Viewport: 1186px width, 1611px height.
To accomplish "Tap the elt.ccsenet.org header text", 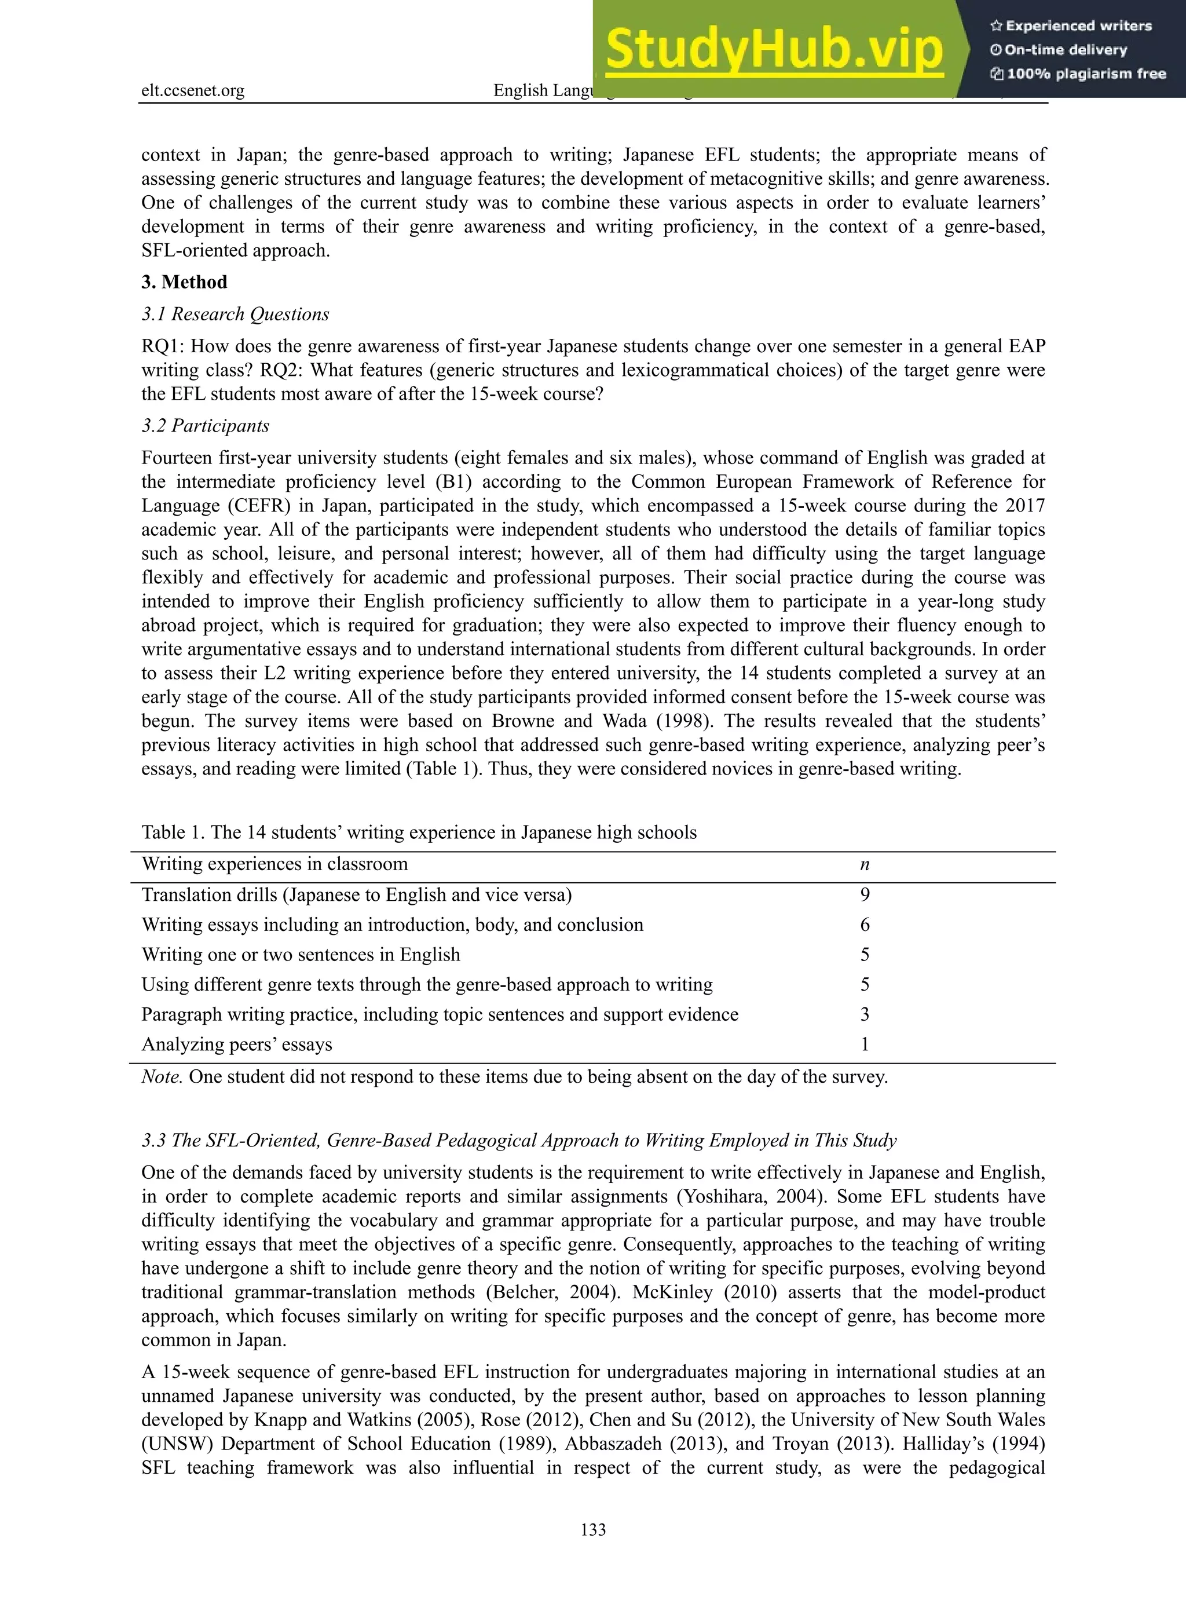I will coord(192,90).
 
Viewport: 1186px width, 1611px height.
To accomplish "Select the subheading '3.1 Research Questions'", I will coord(236,314).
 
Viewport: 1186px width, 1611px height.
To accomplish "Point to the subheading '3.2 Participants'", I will coord(206,425).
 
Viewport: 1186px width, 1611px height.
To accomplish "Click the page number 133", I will coord(593,1529).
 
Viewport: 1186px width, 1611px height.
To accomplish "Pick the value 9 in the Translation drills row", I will coord(865,894).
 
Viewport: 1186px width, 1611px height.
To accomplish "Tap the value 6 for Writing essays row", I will coord(865,925).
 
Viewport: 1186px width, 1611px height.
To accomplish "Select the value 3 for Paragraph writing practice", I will coord(865,1014).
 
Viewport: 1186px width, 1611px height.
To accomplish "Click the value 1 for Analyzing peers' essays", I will coord(865,1044).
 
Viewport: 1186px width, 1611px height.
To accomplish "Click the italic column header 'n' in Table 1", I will coord(865,865).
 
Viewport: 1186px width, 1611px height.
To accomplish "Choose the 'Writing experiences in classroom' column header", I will coord(274,864).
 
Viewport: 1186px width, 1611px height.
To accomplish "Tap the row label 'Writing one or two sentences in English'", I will coord(300,955).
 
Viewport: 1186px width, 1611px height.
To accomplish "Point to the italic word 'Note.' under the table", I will coord(162,1077).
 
